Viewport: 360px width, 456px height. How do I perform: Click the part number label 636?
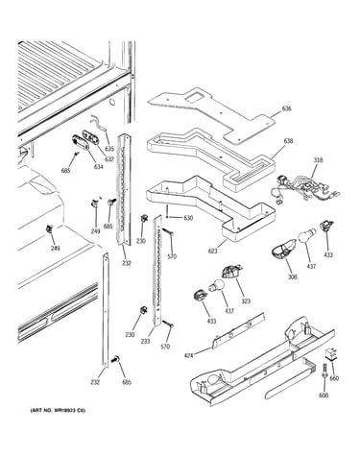click(286, 108)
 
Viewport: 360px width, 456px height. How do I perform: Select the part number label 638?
click(288, 141)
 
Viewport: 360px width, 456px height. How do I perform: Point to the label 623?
click(212, 251)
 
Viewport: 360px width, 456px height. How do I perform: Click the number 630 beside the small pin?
click(188, 218)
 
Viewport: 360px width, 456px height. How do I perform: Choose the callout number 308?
click(292, 276)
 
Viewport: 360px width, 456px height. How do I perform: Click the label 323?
click(246, 300)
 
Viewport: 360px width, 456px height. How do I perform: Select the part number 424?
click(188, 355)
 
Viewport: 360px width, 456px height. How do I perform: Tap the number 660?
click(334, 378)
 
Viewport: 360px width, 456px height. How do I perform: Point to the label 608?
click(324, 396)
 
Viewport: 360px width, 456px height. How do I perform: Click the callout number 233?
click(145, 341)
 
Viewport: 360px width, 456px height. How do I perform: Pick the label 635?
click(109, 149)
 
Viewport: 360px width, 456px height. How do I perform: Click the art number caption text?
click(58, 410)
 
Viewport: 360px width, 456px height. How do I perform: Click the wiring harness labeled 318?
click(304, 189)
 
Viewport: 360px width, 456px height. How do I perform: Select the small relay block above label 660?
click(331, 354)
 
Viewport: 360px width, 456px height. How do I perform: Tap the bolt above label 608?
click(324, 372)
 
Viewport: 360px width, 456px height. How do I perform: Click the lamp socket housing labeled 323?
click(231, 272)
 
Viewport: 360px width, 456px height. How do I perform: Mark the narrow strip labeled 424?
click(238, 331)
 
